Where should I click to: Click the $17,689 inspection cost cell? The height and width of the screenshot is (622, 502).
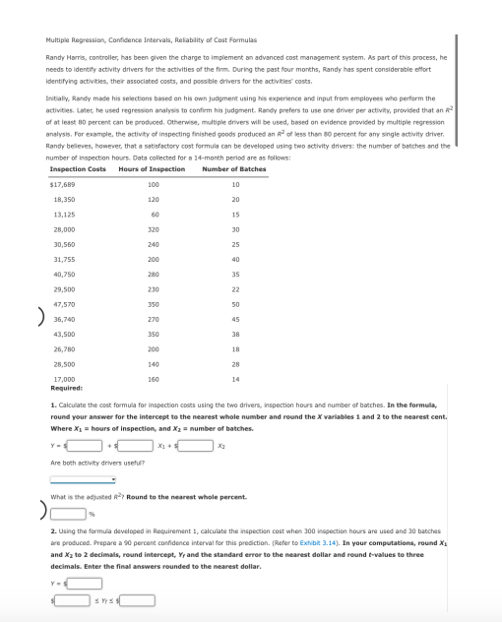point(65,185)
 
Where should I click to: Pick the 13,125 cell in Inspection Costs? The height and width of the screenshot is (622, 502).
point(65,215)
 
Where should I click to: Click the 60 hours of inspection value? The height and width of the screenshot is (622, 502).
point(154,215)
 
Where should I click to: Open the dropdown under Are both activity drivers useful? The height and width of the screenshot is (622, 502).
point(84,480)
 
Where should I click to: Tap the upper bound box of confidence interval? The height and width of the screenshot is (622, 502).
point(139,598)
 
